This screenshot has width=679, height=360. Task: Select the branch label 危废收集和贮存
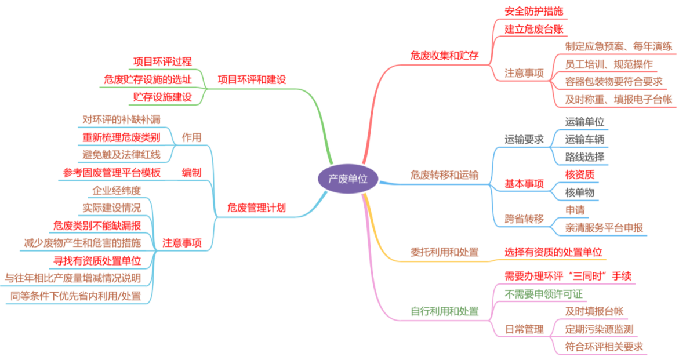point(444,56)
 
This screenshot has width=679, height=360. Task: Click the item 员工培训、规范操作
point(609,64)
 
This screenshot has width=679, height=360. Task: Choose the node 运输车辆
point(585,139)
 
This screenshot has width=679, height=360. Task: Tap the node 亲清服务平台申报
point(604,227)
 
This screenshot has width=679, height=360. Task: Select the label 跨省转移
point(524,219)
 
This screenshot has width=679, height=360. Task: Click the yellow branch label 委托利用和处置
point(444,252)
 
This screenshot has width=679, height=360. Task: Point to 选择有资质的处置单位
point(553,252)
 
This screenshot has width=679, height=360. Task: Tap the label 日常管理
point(524,329)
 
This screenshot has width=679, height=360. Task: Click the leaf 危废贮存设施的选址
point(148,79)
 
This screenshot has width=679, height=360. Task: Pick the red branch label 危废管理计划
point(256,208)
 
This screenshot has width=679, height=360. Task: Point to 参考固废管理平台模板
point(112,173)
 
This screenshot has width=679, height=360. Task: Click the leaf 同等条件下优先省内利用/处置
point(76,296)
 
